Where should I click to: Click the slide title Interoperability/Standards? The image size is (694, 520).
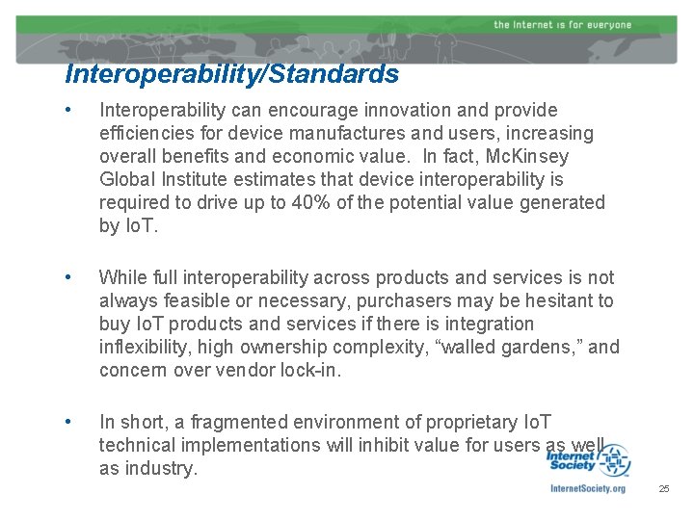pos(231,73)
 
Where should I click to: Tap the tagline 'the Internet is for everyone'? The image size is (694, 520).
pos(562,24)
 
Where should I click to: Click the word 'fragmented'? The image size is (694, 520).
pos(244,423)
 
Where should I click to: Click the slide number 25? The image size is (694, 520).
pos(663,490)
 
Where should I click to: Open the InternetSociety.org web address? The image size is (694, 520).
pos(587,489)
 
